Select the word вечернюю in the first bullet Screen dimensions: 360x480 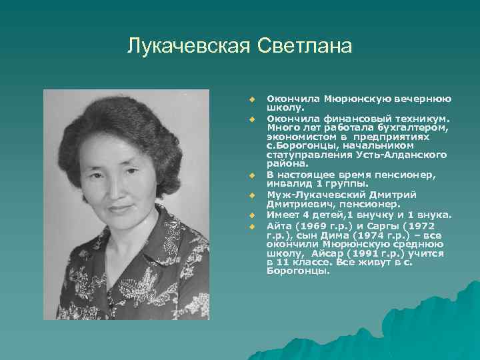tap(426, 99)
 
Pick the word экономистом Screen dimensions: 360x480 tap(295, 136)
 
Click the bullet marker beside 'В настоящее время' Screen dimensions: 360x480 tap(253, 175)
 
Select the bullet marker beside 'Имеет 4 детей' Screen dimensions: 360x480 tap(253, 215)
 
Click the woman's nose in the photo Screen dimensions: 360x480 tap(121, 191)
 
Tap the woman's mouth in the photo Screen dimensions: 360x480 tap(121, 209)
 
